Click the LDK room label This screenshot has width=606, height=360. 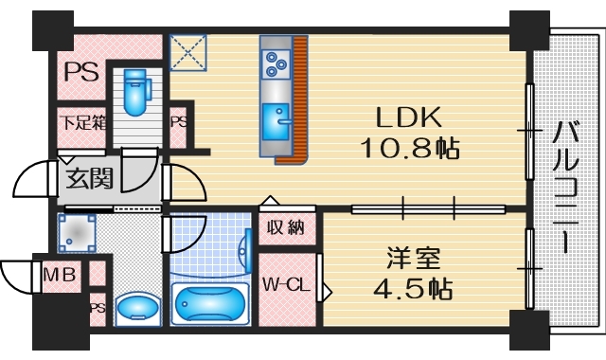point(410,118)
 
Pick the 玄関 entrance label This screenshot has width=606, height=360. point(85,177)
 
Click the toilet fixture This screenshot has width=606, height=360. point(138,89)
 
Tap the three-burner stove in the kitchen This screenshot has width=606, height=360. point(276,63)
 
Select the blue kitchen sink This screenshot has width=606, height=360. point(277,119)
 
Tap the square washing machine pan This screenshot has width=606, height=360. point(75,231)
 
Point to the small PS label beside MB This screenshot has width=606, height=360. point(97,307)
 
